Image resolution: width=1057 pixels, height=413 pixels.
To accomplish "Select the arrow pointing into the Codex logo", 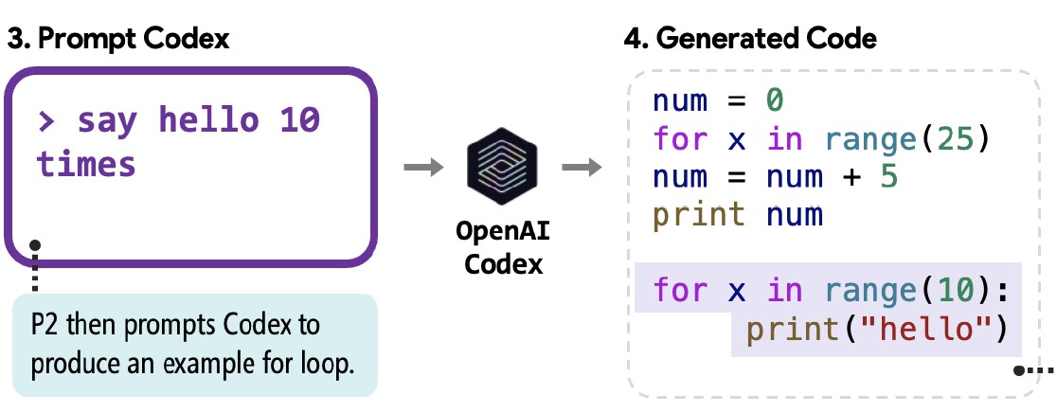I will coord(421,169).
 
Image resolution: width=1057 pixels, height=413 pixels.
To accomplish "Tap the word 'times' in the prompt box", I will coord(86,164).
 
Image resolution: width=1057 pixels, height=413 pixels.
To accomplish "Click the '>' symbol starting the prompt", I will coord(45,120).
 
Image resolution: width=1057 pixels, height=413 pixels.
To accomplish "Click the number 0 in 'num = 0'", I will coord(775,99).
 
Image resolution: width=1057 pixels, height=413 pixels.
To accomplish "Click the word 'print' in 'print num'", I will coord(699,215).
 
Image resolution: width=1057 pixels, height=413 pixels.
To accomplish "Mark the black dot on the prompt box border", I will coord(36,245).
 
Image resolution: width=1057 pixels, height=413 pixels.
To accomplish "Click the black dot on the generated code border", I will coord(1021,370).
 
